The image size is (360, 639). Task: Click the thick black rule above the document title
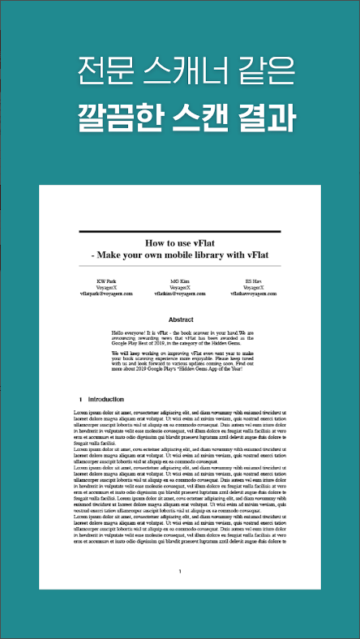click(180, 232)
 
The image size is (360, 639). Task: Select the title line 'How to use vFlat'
click(180, 243)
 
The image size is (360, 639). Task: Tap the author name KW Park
click(105, 281)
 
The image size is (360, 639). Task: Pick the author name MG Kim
click(179, 281)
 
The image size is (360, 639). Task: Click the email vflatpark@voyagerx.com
click(105, 293)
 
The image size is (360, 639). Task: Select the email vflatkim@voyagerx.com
click(179, 293)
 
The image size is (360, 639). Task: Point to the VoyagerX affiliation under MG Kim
click(179, 287)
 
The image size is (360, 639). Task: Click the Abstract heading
click(180, 319)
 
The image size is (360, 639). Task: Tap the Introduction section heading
click(105, 400)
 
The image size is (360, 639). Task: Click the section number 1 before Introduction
click(81, 400)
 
